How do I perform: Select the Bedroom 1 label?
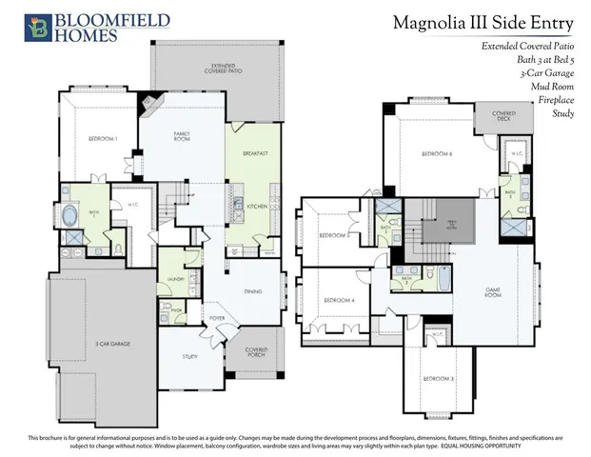(102, 139)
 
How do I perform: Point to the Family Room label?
(185, 137)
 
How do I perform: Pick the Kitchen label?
(257, 206)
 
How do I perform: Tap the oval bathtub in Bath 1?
(72, 215)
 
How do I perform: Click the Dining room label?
(252, 291)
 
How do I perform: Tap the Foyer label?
(217, 318)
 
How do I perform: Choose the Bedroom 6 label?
(439, 153)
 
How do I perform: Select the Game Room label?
(492, 294)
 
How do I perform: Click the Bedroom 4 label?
(339, 300)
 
